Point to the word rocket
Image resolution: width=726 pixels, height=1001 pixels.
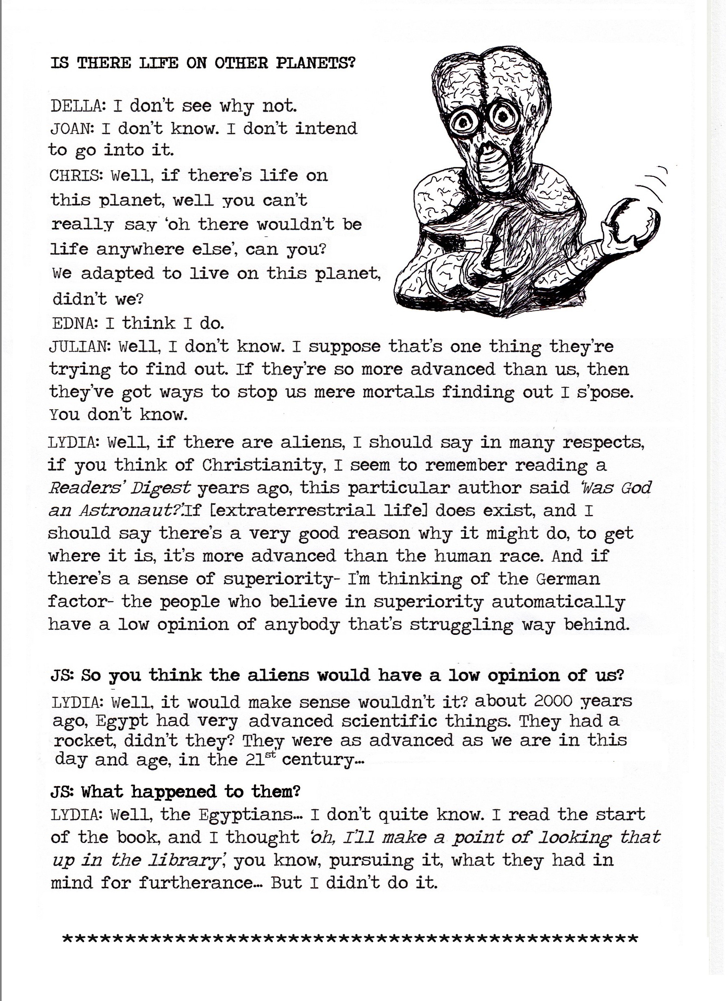click(84, 740)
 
